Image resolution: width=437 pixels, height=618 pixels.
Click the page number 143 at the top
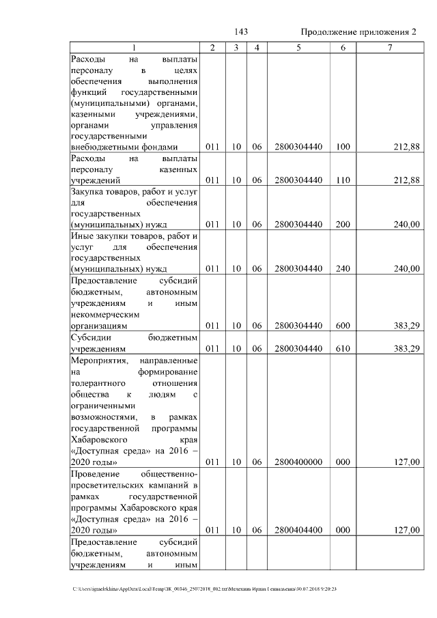(240, 32)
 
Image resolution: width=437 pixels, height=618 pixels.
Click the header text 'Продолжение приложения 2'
(358, 32)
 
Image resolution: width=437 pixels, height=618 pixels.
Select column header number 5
(298, 48)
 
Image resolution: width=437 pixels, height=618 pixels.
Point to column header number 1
(134, 48)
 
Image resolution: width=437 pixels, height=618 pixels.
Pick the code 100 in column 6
(343, 147)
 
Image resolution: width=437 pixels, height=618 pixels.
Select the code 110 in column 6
(343, 180)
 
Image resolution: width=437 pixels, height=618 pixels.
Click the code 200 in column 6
(343, 224)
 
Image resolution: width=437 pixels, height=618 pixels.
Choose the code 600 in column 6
(343, 326)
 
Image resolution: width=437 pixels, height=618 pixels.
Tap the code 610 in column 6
(343, 349)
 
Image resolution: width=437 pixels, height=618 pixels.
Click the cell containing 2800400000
(298, 462)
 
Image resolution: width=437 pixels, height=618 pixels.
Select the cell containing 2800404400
(298, 530)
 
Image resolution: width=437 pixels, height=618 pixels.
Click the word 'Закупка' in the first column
(87, 193)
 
